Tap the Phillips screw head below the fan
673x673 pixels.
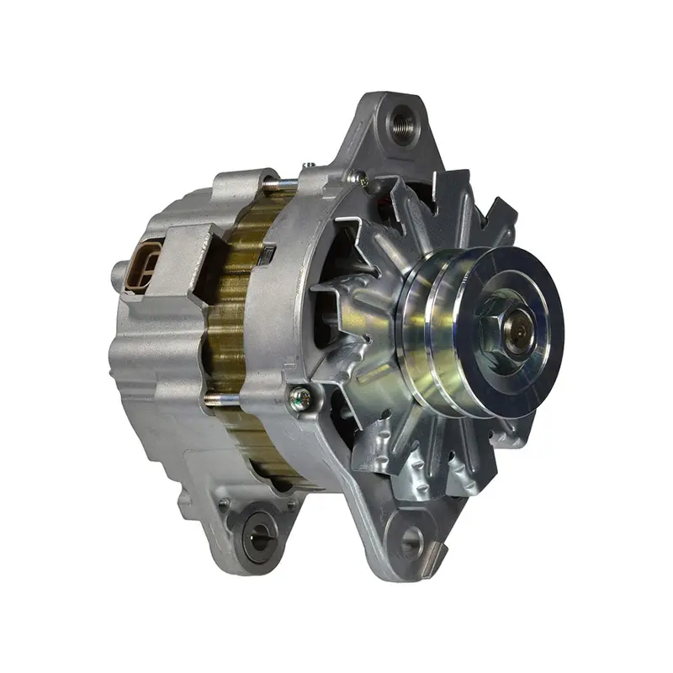pyautogui.click(x=299, y=395)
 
